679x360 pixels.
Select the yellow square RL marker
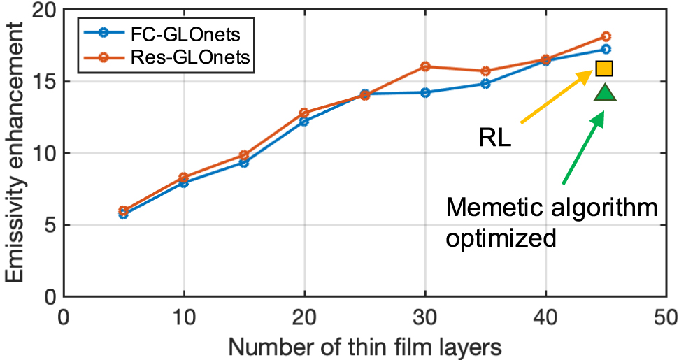pyautogui.click(x=604, y=68)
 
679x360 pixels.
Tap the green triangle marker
pyautogui.click(x=605, y=92)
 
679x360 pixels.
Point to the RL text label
pyautogui.click(x=495, y=137)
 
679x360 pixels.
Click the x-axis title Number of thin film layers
pyautogui.click(x=364, y=345)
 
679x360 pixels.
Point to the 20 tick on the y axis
pyautogui.click(x=41, y=10)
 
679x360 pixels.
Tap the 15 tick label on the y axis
pyautogui.click(x=41, y=82)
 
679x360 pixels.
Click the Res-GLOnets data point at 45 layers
pyautogui.click(x=606, y=36)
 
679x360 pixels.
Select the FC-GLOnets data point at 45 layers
pyautogui.click(x=606, y=49)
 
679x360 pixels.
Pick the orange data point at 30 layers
pyautogui.click(x=424, y=66)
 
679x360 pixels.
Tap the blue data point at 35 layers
pyautogui.click(x=485, y=84)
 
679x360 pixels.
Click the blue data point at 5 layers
pyautogui.click(x=123, y=214)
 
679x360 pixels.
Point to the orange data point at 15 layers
pyautogui.click(x=244, y=155)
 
